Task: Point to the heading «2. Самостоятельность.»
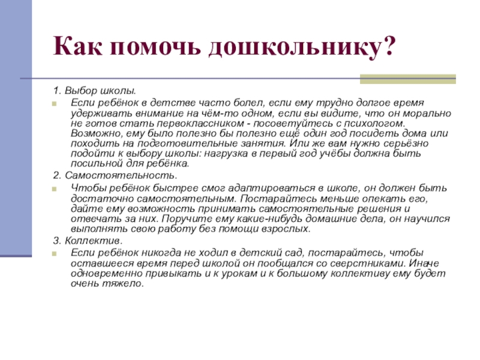[x=115, y=176]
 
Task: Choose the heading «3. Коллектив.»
[x=88, y=240]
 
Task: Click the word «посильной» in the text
[x=95, y=163]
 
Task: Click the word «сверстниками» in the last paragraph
[x=367, y=263]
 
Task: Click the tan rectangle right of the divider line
[x=407, y=79]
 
